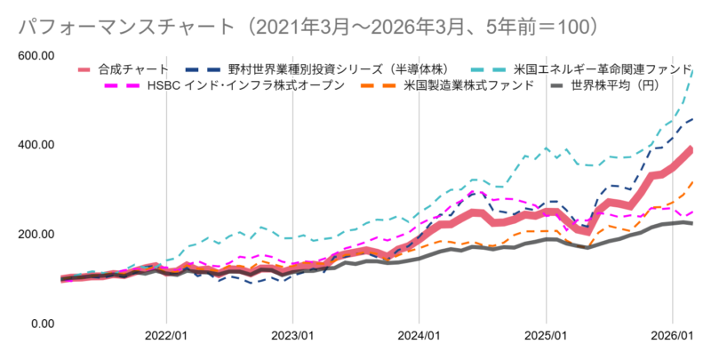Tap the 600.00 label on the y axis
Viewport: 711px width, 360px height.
coord(36,56)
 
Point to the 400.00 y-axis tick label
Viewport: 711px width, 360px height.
coord(36,145)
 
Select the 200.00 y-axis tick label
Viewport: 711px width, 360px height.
coord(36,234)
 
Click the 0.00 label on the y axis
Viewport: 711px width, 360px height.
coord(43,324)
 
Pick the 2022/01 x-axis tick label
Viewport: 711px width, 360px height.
coord(167,339)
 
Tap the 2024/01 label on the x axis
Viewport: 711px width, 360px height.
coord(419,339)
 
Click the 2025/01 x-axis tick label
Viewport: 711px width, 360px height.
coord(545,339)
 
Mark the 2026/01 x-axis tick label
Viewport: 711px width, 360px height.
coord(671,339)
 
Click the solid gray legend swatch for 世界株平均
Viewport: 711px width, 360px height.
coord(557,86)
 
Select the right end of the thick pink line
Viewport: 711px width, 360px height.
coord(691,149)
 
